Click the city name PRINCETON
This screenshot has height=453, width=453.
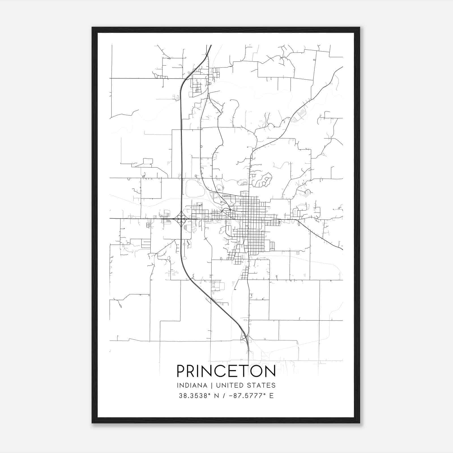[226, 371]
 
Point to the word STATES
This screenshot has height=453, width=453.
[261, 385]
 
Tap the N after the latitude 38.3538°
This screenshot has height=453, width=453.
[217, 396]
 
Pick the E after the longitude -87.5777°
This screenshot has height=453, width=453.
[272, 396]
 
